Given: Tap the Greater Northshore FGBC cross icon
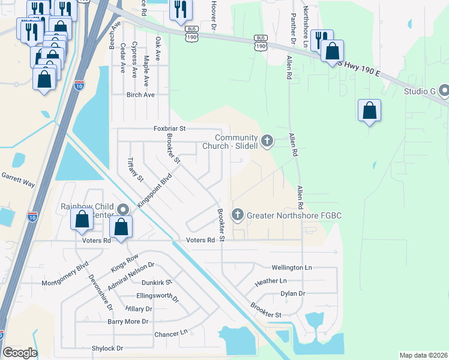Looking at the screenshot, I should pos(238,214).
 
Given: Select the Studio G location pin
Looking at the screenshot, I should pos(444,91).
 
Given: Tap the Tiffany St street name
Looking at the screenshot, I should pos(136,170).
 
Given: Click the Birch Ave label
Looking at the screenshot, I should pos(140,95).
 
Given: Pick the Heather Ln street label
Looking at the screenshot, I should pos(271,281).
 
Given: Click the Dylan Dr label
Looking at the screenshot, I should pos(293,294).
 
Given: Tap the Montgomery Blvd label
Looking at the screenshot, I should pos(65,274).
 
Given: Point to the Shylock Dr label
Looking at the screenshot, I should pos(107,348).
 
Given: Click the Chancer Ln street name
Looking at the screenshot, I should pos(171,333).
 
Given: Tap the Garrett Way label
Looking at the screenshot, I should pos(17,179).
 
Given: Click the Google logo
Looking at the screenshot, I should pos(20,353).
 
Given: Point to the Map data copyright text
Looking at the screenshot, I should pos(423,355).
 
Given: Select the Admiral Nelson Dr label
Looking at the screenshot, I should pos(131,274).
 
